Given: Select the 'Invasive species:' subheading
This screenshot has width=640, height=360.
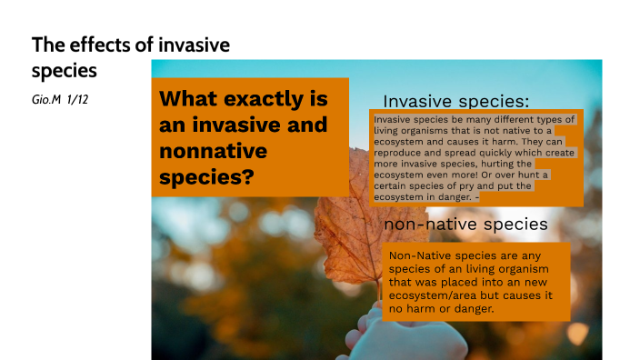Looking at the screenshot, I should pos(456,101).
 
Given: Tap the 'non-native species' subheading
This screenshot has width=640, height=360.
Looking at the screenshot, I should pos(465,224).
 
